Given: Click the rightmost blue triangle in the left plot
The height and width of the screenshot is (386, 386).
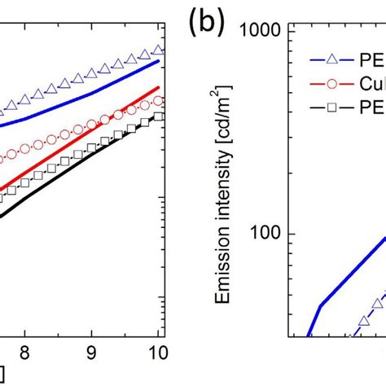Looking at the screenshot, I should point(158,50).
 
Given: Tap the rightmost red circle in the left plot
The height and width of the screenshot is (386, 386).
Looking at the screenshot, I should point(158,101).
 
